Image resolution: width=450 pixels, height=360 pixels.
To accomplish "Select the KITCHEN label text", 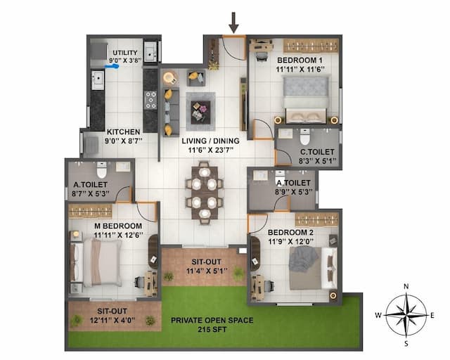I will [123, 131].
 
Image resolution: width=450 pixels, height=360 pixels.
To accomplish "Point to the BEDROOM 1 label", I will [295, 60].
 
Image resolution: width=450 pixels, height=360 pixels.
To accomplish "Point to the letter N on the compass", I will [406, 286].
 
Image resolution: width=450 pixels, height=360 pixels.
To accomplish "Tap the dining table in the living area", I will [203, 193].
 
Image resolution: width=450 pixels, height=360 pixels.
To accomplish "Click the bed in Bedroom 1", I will [304, 98].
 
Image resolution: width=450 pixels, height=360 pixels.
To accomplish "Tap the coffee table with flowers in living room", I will [200, 109].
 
